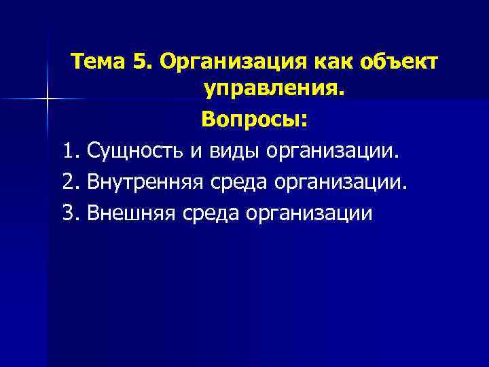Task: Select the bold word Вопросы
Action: tap(254, 120)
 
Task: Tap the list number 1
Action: tap(69, 150)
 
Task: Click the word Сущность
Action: tap(134, 152)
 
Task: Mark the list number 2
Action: tap(69, 181)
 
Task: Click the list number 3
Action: tap(69, 213)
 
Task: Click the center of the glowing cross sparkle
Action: tap(48, 99)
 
